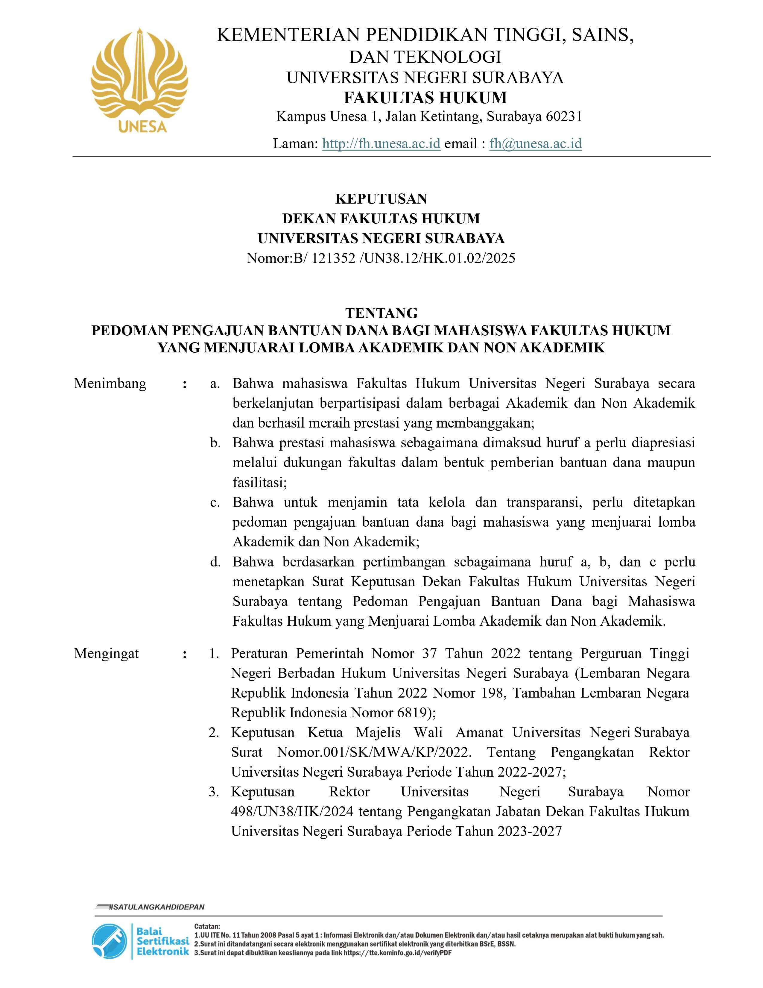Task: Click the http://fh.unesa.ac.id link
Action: point(381,143)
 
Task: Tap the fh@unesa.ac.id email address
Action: point(535,143)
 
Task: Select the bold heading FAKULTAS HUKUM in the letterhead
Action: point(425,98)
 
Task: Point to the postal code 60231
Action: point(564,117)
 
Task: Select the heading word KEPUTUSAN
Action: point(381,198)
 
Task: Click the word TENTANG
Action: point(381,313)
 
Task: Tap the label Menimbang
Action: point(110,384)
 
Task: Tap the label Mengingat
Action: point(106,653)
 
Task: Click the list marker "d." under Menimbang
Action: point(215,562)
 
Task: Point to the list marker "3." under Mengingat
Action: point(214,792)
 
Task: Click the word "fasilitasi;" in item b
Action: point(260,483)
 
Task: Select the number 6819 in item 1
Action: point(412,713)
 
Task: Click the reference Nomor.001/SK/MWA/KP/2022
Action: point(374,752)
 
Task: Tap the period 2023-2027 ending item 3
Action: point(529,831)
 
